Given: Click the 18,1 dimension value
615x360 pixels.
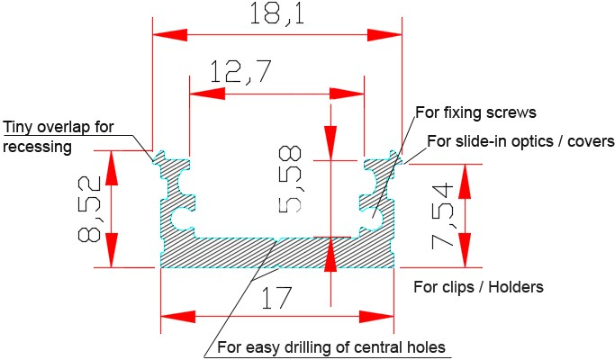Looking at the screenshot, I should (x=276, y=14).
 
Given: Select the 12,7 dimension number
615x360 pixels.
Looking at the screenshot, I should (x=240, y=72).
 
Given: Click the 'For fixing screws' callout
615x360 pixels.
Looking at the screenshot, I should (x=475, y=113).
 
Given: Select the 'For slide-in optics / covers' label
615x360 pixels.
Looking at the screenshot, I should (x=520, y=141).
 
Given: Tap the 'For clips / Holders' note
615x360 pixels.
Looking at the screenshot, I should (x=478, y=288).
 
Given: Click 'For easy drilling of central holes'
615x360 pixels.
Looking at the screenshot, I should (x=332, y=347).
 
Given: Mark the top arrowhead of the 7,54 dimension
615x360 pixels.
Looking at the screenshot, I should (x=466, y=180).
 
